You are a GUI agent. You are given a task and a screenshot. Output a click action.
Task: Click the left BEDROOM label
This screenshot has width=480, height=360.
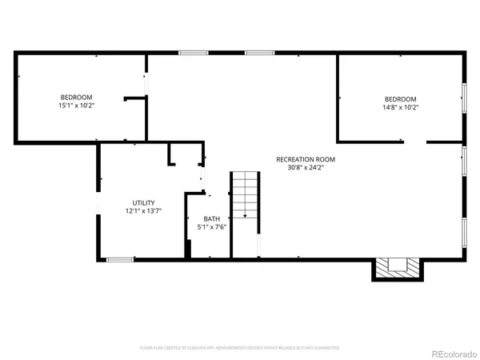pyautogui.click(x=77, y=97)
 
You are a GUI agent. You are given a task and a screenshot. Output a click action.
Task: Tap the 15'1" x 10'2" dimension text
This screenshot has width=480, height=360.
pyautogui.click(x=77, y=106)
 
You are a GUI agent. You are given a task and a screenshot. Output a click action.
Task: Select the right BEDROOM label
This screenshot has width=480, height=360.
pyautogui.click(x=401, y=98)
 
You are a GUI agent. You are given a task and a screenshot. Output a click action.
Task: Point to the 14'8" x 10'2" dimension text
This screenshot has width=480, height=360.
pyautogui.click(x=401, y=107)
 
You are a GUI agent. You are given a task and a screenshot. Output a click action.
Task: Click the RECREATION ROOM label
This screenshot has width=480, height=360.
pyautogui.click(x=306, y=159)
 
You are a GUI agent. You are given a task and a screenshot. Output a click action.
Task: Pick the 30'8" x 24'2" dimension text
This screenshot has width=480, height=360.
pyautogui.click(x=306, y=168)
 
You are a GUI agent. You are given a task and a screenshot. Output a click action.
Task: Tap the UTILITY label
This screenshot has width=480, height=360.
pyautogui.click(x=143, y=202)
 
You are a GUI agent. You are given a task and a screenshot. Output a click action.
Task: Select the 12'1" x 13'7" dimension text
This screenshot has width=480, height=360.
pyautogui.click(x=143, y=211)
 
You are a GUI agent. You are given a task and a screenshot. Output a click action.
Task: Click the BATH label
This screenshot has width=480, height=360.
pyautogui.click(x=211, y=218)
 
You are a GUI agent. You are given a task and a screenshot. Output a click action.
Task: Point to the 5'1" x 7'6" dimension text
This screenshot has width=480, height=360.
pyautogui.click(x=212, y=227)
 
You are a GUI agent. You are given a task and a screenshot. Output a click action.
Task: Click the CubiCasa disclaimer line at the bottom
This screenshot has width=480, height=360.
pyautogui.click(x=239, y=348)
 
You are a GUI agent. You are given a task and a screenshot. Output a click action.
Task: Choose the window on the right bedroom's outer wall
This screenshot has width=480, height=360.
pyautogui.click(x=465, y=97)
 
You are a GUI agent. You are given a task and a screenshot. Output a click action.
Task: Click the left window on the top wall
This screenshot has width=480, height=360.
pyautogui.click(x=192, y=53)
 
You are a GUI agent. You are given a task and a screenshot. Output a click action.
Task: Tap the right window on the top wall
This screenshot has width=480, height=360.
pyautogui.click(x=258, y=53)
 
